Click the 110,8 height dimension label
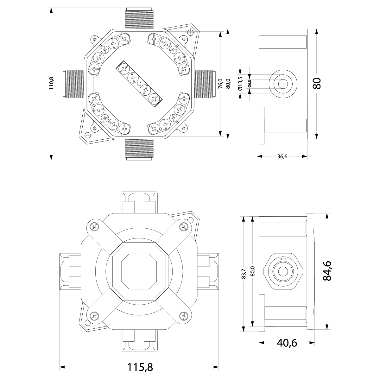tap(52, 84)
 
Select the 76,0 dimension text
tap(220, 84)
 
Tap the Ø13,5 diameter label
tap(240, 84)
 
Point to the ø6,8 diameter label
tap(250, 84)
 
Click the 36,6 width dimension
tap(282, 156)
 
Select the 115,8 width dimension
tap(140, 367)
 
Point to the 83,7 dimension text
tap(243, 273)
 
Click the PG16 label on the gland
tap(283, 259)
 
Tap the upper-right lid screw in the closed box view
tap(183, 227)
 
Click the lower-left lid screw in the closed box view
tap(94, 315)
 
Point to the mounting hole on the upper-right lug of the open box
tap(190, 33)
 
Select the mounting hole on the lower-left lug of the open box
tap(88, 135)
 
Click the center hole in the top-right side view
tap(283, 84)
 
